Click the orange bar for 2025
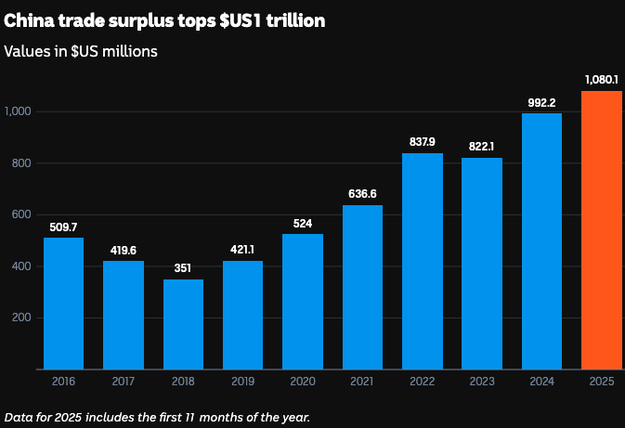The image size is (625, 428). coord(601,230)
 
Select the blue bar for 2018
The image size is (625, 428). coord(183,324)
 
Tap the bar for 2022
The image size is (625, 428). coord(422,261)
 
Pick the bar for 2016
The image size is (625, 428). coord(63,304)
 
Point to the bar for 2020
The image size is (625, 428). coord(303,302)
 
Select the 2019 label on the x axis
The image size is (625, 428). coord(242,381)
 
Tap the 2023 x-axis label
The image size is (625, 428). coord(481,381)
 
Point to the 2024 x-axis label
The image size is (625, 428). coord(541,381)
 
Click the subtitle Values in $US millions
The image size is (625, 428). coord(81,51)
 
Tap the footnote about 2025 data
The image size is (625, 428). coord(157,416)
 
